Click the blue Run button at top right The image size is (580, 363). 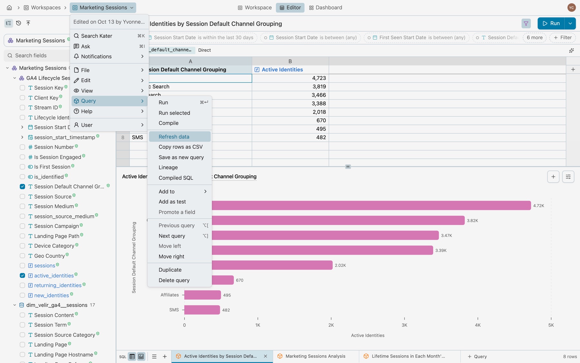coord(551,23)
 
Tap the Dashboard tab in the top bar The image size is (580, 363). coord(325,7)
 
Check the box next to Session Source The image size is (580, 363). coord(22,197)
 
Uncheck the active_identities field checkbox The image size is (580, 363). coord(22,276)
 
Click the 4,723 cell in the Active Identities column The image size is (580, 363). coord(290,78)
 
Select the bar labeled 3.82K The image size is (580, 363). coord(338,220)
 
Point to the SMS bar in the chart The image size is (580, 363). coord(202,310)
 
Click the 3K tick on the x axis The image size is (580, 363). coord(404,325)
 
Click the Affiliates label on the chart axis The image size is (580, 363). coord(169,295)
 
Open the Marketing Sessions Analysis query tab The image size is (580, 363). coord(315,356)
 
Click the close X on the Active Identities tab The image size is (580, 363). coord(266,356)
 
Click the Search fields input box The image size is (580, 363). coord(37,55)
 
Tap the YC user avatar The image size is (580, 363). coord(571,7)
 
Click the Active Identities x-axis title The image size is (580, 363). coord(368,335)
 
